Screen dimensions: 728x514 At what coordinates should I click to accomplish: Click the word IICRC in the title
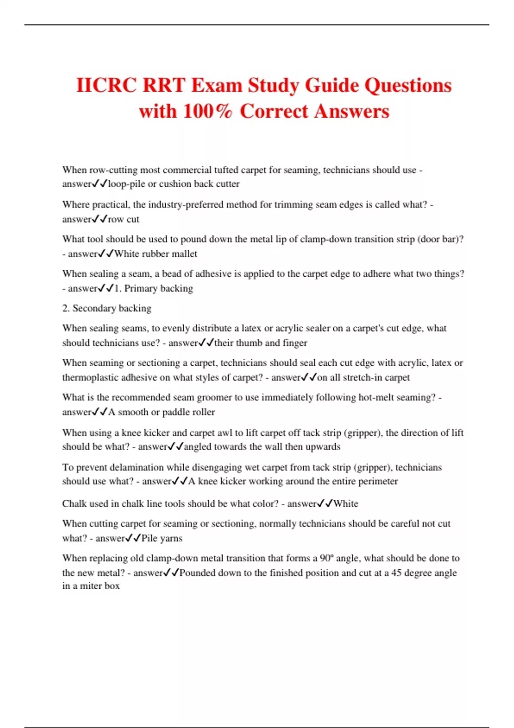tap(107, 85)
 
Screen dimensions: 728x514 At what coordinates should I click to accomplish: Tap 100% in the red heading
tap(208, 111)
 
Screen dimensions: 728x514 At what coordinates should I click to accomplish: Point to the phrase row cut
tap(124, 219)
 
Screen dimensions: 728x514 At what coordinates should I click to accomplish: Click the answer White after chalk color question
tap(346, 504)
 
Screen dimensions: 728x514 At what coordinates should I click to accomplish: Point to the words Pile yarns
tap(162, 538)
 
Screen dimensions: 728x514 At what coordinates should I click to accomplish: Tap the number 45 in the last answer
tap(396, 573)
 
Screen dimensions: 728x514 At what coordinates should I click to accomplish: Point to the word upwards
tap(323, 447)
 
